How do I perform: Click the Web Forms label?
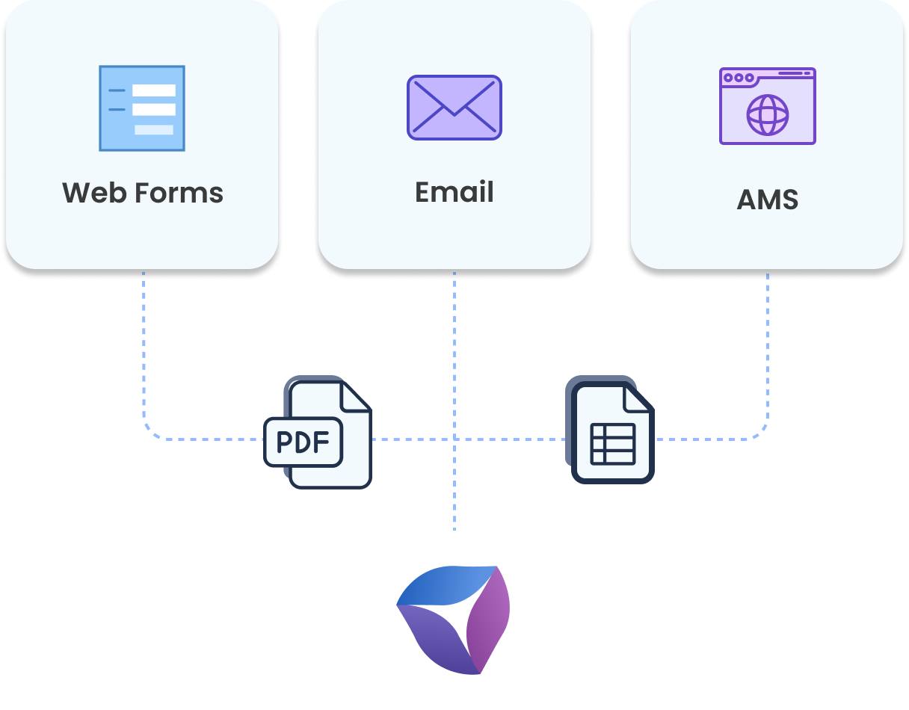(143, 193)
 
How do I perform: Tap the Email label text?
(454, 192)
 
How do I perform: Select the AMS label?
(767, 200)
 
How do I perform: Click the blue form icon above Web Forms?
(142, 108)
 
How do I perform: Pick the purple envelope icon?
(454, 107)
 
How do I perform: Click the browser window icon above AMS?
(767, 105)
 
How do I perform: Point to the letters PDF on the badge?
(303, 442)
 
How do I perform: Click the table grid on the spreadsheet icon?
(613, 444)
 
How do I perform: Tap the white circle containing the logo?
(454, 620)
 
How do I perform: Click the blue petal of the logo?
(446, 584)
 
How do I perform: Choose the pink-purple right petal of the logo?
(490, 620)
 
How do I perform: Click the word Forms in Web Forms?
(179, 193)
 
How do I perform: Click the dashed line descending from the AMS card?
(767, 344)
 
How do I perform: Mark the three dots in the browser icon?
(739, 77)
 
